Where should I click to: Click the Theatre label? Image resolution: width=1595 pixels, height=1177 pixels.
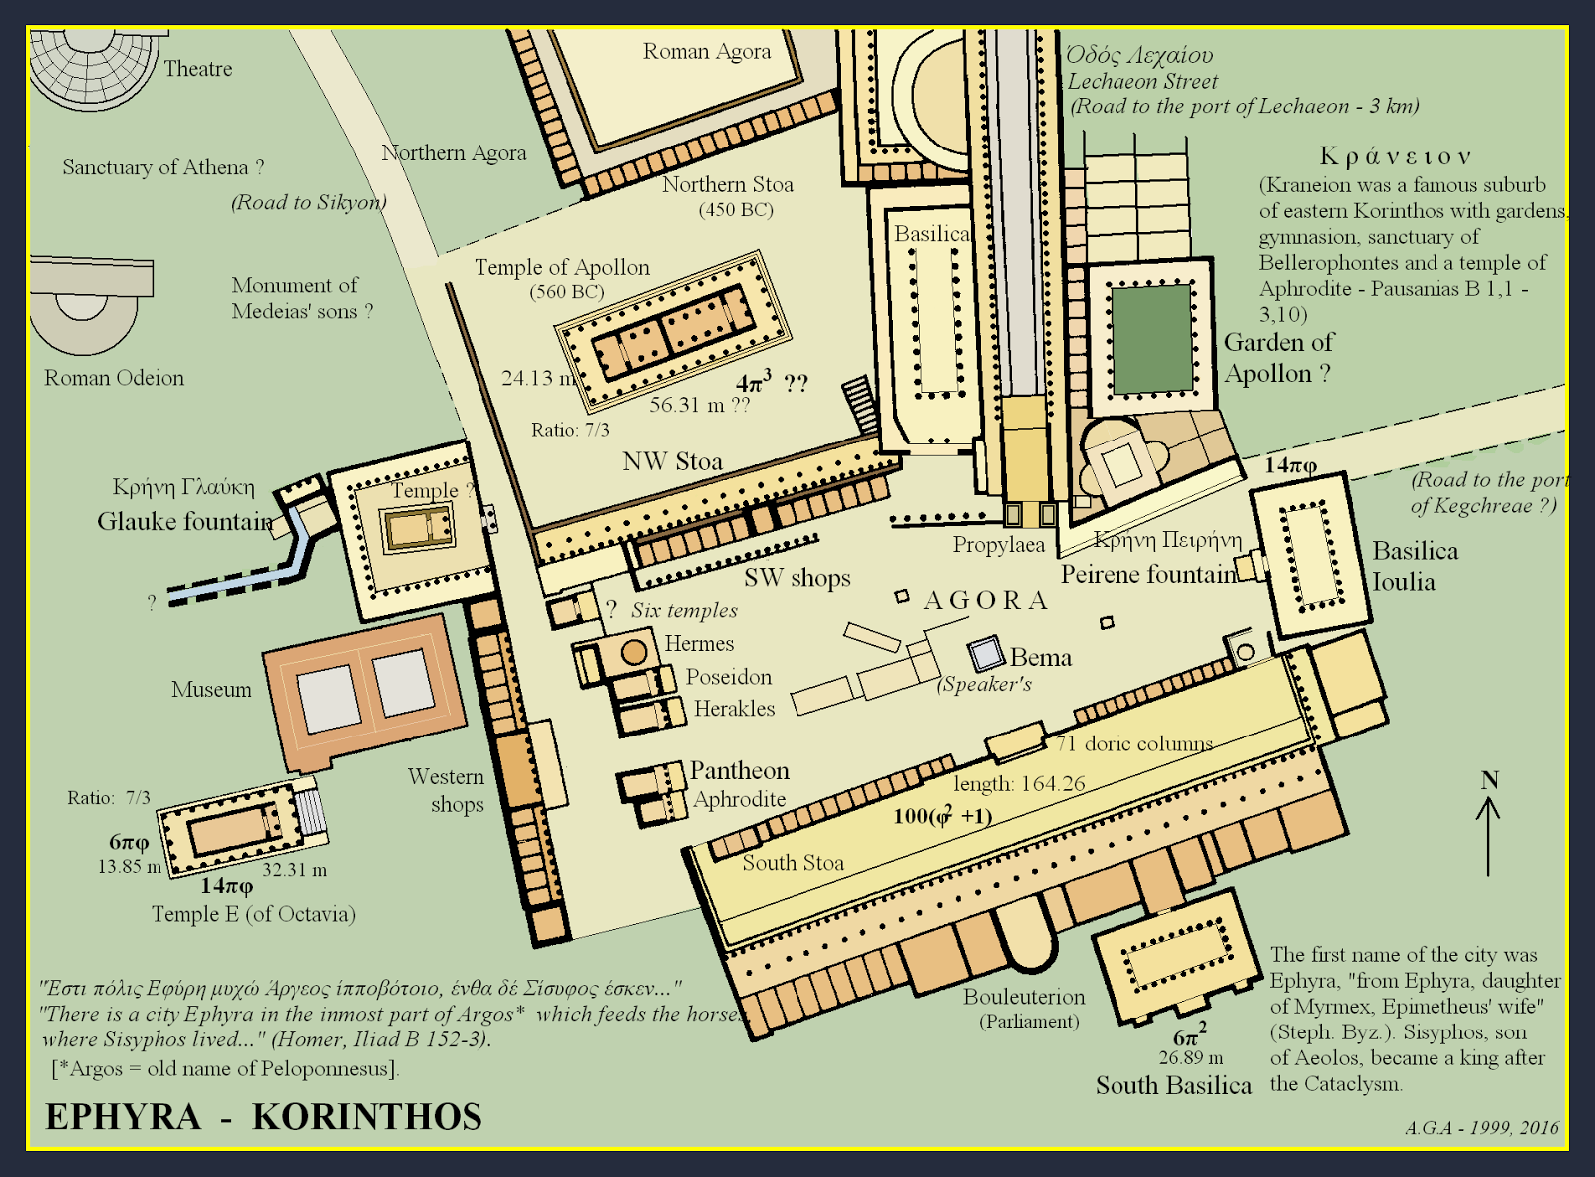(197, 69)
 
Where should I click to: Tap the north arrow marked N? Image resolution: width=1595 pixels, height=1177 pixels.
(1488, 822)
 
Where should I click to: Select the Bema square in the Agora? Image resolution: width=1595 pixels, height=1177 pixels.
(986, 654)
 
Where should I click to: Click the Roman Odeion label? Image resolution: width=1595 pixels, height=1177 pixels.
(114, 378)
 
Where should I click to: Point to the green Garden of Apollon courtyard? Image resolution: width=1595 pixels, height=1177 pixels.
(1150, 339)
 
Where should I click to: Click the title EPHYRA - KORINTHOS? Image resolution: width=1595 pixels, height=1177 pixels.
(263, 1117)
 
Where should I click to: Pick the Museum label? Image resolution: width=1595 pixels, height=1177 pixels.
(211, 690)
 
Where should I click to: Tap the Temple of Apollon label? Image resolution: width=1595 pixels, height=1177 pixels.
(561, 267)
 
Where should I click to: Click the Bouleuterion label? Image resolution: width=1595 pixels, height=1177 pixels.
(1023, 997)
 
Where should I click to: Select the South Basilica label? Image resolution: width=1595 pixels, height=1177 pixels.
(1173, 1085)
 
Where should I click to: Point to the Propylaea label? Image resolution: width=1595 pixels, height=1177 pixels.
(998, 545)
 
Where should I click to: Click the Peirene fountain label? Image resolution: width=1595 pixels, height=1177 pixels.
(1147, 575)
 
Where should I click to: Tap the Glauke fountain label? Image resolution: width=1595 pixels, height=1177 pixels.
(184, 521)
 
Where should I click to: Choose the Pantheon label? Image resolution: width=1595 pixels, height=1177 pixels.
(739, 770)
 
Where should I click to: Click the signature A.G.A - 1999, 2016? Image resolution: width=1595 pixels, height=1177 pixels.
(1481, 1127)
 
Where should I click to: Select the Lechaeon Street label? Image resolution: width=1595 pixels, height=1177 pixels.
(1142, 82)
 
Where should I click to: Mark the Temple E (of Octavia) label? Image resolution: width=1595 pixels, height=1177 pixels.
(253, 914)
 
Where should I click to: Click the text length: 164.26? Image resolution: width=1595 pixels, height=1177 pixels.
(1019, 783)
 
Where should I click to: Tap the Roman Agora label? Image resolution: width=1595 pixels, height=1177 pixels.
(706, 52)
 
